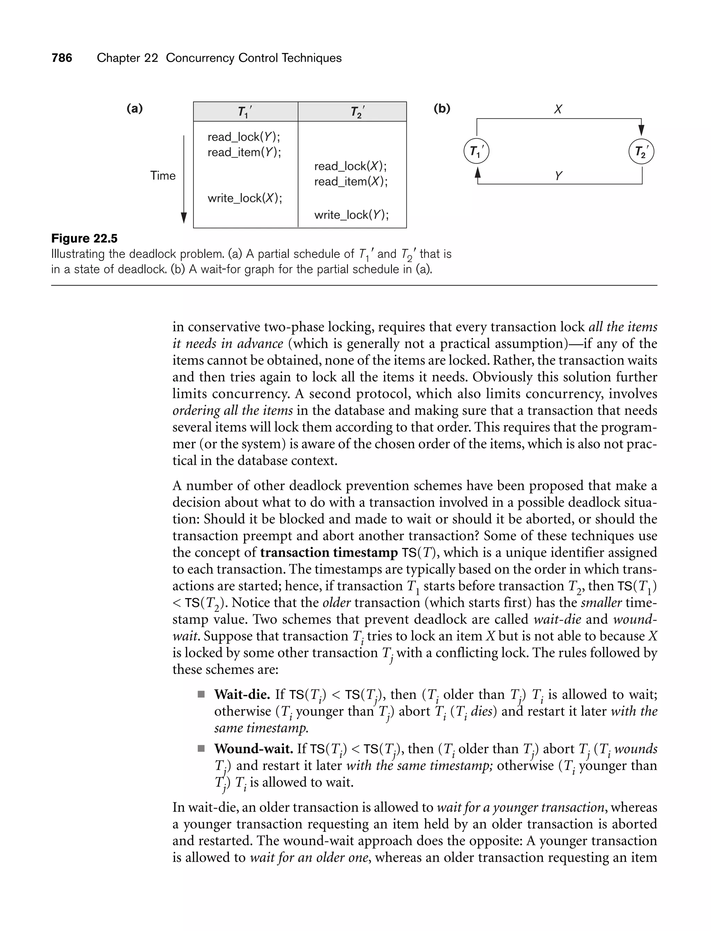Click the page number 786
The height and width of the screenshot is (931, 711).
pyautogui.click(x=62, y=58)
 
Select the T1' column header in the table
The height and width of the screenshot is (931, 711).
pyautogui.click(x=245, y=112)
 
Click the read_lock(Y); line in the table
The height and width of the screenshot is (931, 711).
pyautogui.click(x=244, y=137)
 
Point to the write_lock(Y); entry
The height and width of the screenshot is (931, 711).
pyautogui.click(x=351, y=215)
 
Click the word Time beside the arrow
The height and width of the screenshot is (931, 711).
pyautogui.click(x=162, y=176)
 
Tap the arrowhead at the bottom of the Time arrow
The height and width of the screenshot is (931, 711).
pyautogui.click(x=184, y=218)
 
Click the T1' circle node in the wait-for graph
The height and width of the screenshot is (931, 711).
pyautogui.click(x=477, y=151)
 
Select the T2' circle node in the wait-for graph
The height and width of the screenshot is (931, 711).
pyautogui.click(x=642, y=151)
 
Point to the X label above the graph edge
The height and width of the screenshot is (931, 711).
pyautogui.click(x=558, y=110)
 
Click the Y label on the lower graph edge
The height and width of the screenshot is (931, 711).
pyautogui.click(x=558, y=176)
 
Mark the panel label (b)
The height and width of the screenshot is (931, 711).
pyautogui.click(x=442, y=109)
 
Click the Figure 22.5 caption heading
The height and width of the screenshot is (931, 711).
pyautogui.click(x=84, y=238)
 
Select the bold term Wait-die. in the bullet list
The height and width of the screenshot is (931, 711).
pyautogui.click(x=242, y=695)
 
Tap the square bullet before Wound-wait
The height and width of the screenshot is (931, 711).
pyautogui.click(x=201, y=749)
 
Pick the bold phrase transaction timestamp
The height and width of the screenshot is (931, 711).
pyautogui.click(x=329, y=553)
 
